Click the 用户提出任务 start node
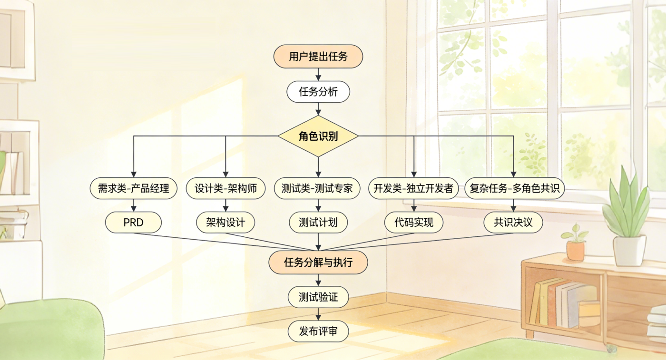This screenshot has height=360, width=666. click(x=318, y=57)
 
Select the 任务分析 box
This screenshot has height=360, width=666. click(x=318, y=92)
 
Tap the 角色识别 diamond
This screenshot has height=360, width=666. click(x=318, y=136)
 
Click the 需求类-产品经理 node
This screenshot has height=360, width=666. click(x=133, y=188)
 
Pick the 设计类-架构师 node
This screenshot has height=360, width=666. click(x=225, y=188)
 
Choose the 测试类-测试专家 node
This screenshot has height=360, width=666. click(x=318, y=188)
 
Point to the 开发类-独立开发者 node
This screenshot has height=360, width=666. click(x=413, y=188)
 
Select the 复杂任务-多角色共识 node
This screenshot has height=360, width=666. click(x=514, y=188)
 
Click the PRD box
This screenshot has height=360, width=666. click(x=133, y=222)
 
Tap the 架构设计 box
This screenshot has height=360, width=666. click(x=225, y=222)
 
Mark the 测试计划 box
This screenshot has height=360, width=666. click(x=318, y=222)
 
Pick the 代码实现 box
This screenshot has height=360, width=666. click(x=413, y=222)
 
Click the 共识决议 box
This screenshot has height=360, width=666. click(x=513, y=222)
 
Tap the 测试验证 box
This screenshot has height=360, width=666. click(x=318, y=297)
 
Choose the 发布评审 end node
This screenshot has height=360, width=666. click(x=318, y=331)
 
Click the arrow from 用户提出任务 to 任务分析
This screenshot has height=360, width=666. click(x=318, y=74)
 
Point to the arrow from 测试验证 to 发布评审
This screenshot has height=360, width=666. click(x=318, y=314)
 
